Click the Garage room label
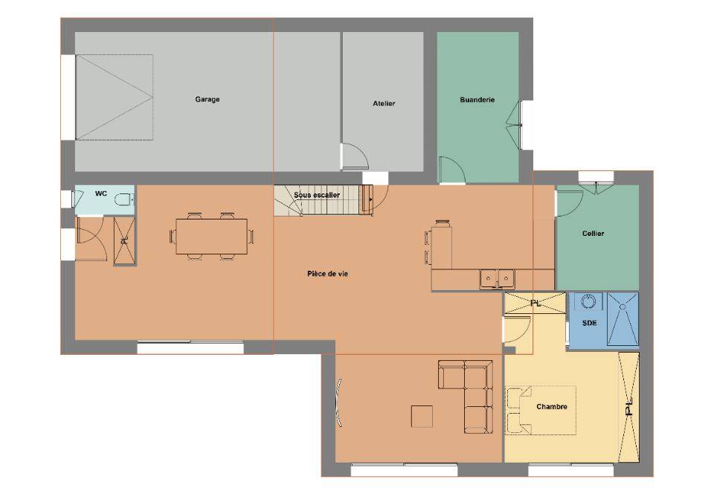tap(208, 99)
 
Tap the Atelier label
tap(384, 103)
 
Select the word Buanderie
tap(477, 100)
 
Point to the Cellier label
tap(593, 234)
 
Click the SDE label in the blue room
tap(589, 324)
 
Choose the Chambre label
tap(551, 406)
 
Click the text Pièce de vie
tap(327, 274)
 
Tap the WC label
tap(100, 193)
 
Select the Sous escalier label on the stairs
tap(317, 195)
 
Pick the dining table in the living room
tap(212, 237)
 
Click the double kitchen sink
tap(497, 278)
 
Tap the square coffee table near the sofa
tap(422, 416)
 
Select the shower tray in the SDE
tap(623, 318)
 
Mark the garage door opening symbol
tap(115, 97)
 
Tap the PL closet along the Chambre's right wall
tap(629, 407)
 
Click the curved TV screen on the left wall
tap(339, 402)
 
